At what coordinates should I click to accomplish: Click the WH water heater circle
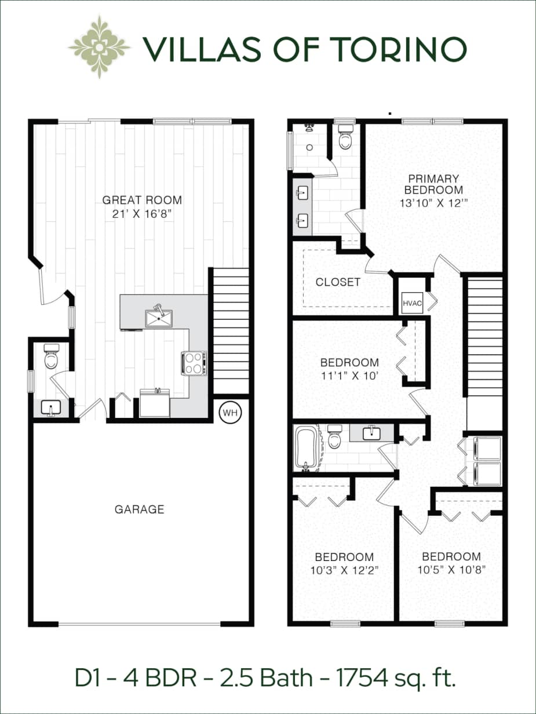coord(230,413)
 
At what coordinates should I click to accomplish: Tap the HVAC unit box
coord(413,303)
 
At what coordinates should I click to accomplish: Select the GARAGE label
coord(139,509)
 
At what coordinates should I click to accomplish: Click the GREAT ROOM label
coord(142,200)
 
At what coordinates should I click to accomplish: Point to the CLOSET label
coord(338,282)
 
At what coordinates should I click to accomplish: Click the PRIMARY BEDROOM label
coord(433,184)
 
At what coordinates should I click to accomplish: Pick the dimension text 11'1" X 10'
coord(349,375)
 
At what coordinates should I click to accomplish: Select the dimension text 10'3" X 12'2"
coord(344,569)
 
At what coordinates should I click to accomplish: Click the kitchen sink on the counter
coord(158,318)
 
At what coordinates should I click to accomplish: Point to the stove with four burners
coord(194,363)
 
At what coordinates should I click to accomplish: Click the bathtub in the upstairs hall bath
coord(305,447)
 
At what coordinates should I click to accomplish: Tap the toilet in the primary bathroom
coord(345,139)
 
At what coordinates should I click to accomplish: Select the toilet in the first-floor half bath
coord(52,358)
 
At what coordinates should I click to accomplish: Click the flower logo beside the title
coord(100,47)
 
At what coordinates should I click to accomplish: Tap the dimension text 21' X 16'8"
coord(142,214)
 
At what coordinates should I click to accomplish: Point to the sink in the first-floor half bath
coord(50,407)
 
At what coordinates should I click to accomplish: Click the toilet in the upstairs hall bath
coord(335,439)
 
